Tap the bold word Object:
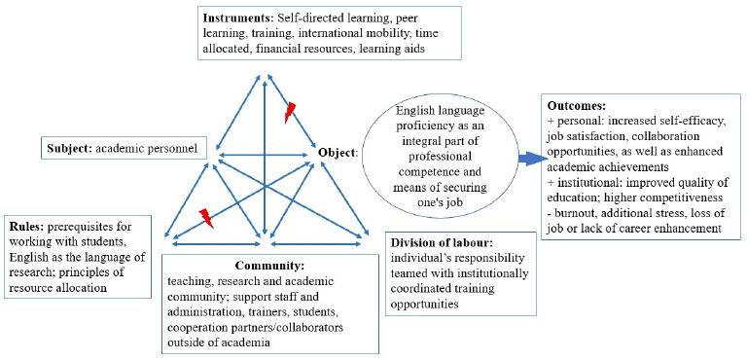coord(338,153)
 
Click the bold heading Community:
coord(269,265)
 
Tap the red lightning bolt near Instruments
coord(290,113)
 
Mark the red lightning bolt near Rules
coord(206,218)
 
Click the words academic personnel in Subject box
coord(146,148)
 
